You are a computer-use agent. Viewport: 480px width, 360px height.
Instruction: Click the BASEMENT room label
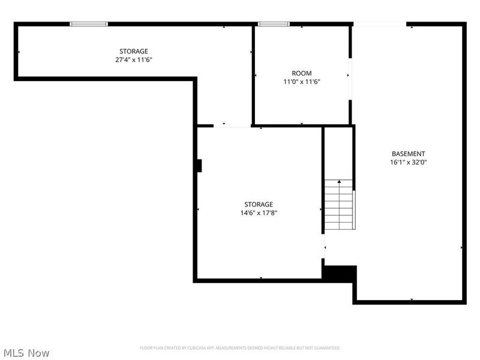tap(409, 154)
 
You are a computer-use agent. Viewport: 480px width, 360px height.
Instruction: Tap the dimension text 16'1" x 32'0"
tap(409, 162)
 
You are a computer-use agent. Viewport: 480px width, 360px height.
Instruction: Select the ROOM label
tap(302, 73)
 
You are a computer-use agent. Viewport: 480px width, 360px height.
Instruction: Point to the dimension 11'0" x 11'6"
tap(302, 82)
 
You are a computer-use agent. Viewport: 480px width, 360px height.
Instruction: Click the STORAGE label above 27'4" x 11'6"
tap(133, 51)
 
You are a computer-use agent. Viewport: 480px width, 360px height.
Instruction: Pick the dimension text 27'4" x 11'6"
tap(133, 59)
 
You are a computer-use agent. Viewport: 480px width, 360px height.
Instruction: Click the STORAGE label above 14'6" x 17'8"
tap(259, 204)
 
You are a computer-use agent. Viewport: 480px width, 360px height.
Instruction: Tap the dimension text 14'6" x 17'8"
tap(259, 213)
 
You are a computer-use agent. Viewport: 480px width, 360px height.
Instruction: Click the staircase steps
tap(338, 205)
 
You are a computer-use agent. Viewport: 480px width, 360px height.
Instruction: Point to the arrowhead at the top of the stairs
tap(339, 182)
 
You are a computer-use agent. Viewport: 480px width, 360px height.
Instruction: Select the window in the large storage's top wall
tap(89, 24)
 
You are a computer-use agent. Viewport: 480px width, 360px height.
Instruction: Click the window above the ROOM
tap(274, 24)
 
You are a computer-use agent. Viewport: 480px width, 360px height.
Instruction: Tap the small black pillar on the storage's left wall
tap(199, 166)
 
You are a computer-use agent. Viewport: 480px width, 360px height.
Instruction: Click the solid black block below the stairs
tap(340, 274)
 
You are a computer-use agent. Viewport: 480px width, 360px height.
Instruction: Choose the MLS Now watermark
tap(26, 353)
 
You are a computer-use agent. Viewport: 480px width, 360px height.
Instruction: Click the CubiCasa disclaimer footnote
tap(239, 348)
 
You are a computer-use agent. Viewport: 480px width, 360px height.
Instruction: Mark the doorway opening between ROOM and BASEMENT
tap(350, 79)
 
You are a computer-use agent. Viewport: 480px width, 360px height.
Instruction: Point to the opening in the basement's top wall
tap(380, 24)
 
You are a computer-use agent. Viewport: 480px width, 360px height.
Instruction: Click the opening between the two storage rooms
tap(232, 126)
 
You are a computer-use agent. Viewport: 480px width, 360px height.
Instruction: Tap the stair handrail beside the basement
tap(354, 209)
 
